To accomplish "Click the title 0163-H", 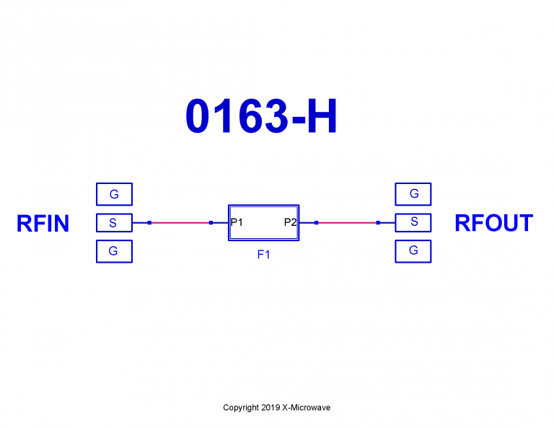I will pos(261,117).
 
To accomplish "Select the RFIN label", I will pos(43,224).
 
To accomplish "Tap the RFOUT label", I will pos(493,223).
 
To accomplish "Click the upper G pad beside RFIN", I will pos(114,194).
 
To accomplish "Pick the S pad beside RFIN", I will pos(114,223).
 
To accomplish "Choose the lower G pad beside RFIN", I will pos(114,251).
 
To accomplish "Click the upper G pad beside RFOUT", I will pos(413,193).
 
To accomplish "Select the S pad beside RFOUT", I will pos(413,222).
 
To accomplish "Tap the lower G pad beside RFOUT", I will pos(413,250).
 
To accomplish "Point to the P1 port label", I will pos(237,222).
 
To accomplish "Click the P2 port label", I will pos(290,222).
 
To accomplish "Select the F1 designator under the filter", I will pos(263,254).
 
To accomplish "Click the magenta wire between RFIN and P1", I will pos(180,223).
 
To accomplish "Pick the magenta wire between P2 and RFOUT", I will pos(347,223).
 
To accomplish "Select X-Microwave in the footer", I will pos(306,408).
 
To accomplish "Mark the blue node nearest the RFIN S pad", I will pos(149,223).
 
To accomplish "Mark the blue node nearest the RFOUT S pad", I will pos(378,223).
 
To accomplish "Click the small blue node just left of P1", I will pos(211,223).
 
